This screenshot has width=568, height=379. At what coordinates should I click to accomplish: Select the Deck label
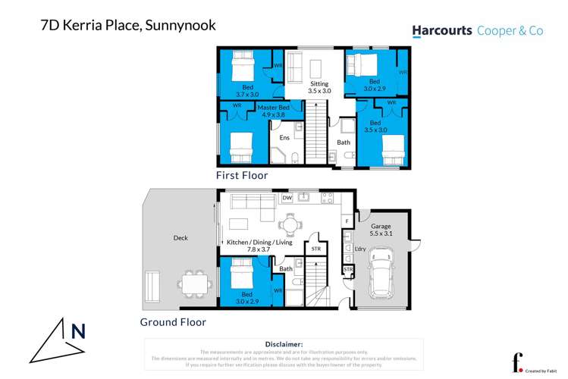point(180,238)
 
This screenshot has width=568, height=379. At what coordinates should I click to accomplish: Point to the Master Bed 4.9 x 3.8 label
point(273,112)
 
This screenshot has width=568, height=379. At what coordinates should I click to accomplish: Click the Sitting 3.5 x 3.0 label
point(319,86)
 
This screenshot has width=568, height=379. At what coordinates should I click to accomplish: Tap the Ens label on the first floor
point(284,138)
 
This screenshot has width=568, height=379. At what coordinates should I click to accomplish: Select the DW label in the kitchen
point(287,199)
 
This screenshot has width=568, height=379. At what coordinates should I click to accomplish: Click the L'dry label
point(360,249)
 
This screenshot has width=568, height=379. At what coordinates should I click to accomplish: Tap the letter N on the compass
point(77,331)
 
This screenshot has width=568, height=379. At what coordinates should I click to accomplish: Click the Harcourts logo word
point(442,31)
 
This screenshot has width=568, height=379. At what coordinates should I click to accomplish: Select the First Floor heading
point(241,175)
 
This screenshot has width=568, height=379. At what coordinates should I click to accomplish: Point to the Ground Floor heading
point(173,321)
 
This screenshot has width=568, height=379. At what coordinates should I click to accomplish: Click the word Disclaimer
point(284,344)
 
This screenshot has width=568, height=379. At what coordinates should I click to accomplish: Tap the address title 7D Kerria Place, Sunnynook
point(127,25)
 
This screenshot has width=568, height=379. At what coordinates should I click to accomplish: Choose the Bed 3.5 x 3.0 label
point(375,126)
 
